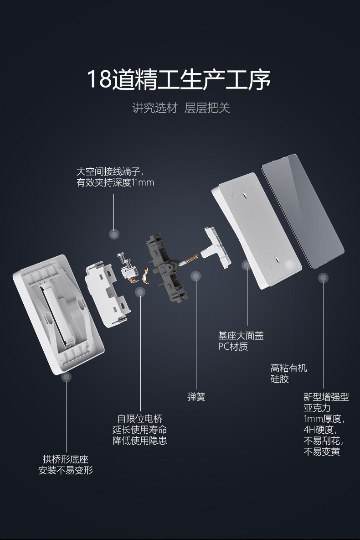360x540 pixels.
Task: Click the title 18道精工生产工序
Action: (179, 78)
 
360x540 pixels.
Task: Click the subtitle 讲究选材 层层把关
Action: (181, 108)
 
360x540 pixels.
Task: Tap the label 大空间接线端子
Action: (110, 172)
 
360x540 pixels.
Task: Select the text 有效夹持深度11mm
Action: (115, 183)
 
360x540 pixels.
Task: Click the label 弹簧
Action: (196, 397)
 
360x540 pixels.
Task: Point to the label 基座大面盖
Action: (241, 336)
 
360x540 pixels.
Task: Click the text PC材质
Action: (233, 347)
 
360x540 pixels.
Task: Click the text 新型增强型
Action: (326, 397)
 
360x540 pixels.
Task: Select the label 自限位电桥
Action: (139, 419)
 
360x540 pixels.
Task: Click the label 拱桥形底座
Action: (65, 459)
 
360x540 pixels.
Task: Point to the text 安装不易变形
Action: (65, 470)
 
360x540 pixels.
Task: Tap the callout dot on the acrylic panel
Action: (323, 277)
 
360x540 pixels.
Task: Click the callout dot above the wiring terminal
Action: (114, 234)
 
